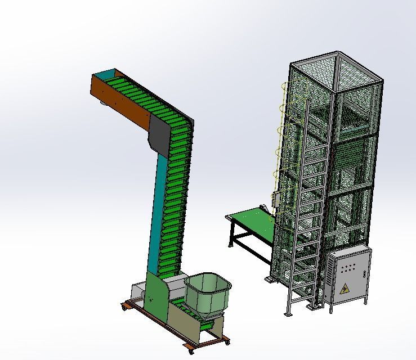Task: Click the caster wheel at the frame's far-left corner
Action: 124,307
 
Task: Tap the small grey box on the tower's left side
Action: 275,199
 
